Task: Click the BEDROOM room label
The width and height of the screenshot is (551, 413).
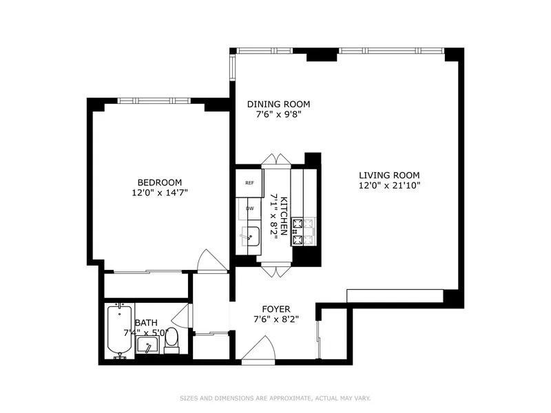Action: click(x=159, y=182)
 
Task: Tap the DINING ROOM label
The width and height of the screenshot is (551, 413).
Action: click(x=278, y=105)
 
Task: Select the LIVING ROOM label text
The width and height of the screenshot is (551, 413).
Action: click(x=388, y=175)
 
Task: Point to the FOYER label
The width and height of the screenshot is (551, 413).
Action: click(x=275, y=309)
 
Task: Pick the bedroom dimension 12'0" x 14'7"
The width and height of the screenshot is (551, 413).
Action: click(x=159, y=193)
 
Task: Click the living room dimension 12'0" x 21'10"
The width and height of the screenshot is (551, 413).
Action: click(x=388, y=185)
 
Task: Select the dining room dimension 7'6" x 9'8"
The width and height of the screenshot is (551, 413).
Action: click(x=278, y=115)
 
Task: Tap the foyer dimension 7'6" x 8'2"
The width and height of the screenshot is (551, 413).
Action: click(x=275, y=319)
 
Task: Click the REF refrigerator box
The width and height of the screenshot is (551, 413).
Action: click(x=249, y=182)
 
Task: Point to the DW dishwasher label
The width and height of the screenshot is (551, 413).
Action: click(x=249, y=208)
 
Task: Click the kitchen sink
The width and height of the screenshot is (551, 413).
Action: click(x=251, y=237)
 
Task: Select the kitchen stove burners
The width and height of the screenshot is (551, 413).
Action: click(x=303, y=232)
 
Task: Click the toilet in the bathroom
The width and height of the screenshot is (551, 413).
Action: click(x=172, y=339)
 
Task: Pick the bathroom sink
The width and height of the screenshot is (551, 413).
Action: click(x=149, y=344)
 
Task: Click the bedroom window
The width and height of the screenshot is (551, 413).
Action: click(x=154, y=101)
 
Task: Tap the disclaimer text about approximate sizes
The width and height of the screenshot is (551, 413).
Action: click(x=275, y=398)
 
